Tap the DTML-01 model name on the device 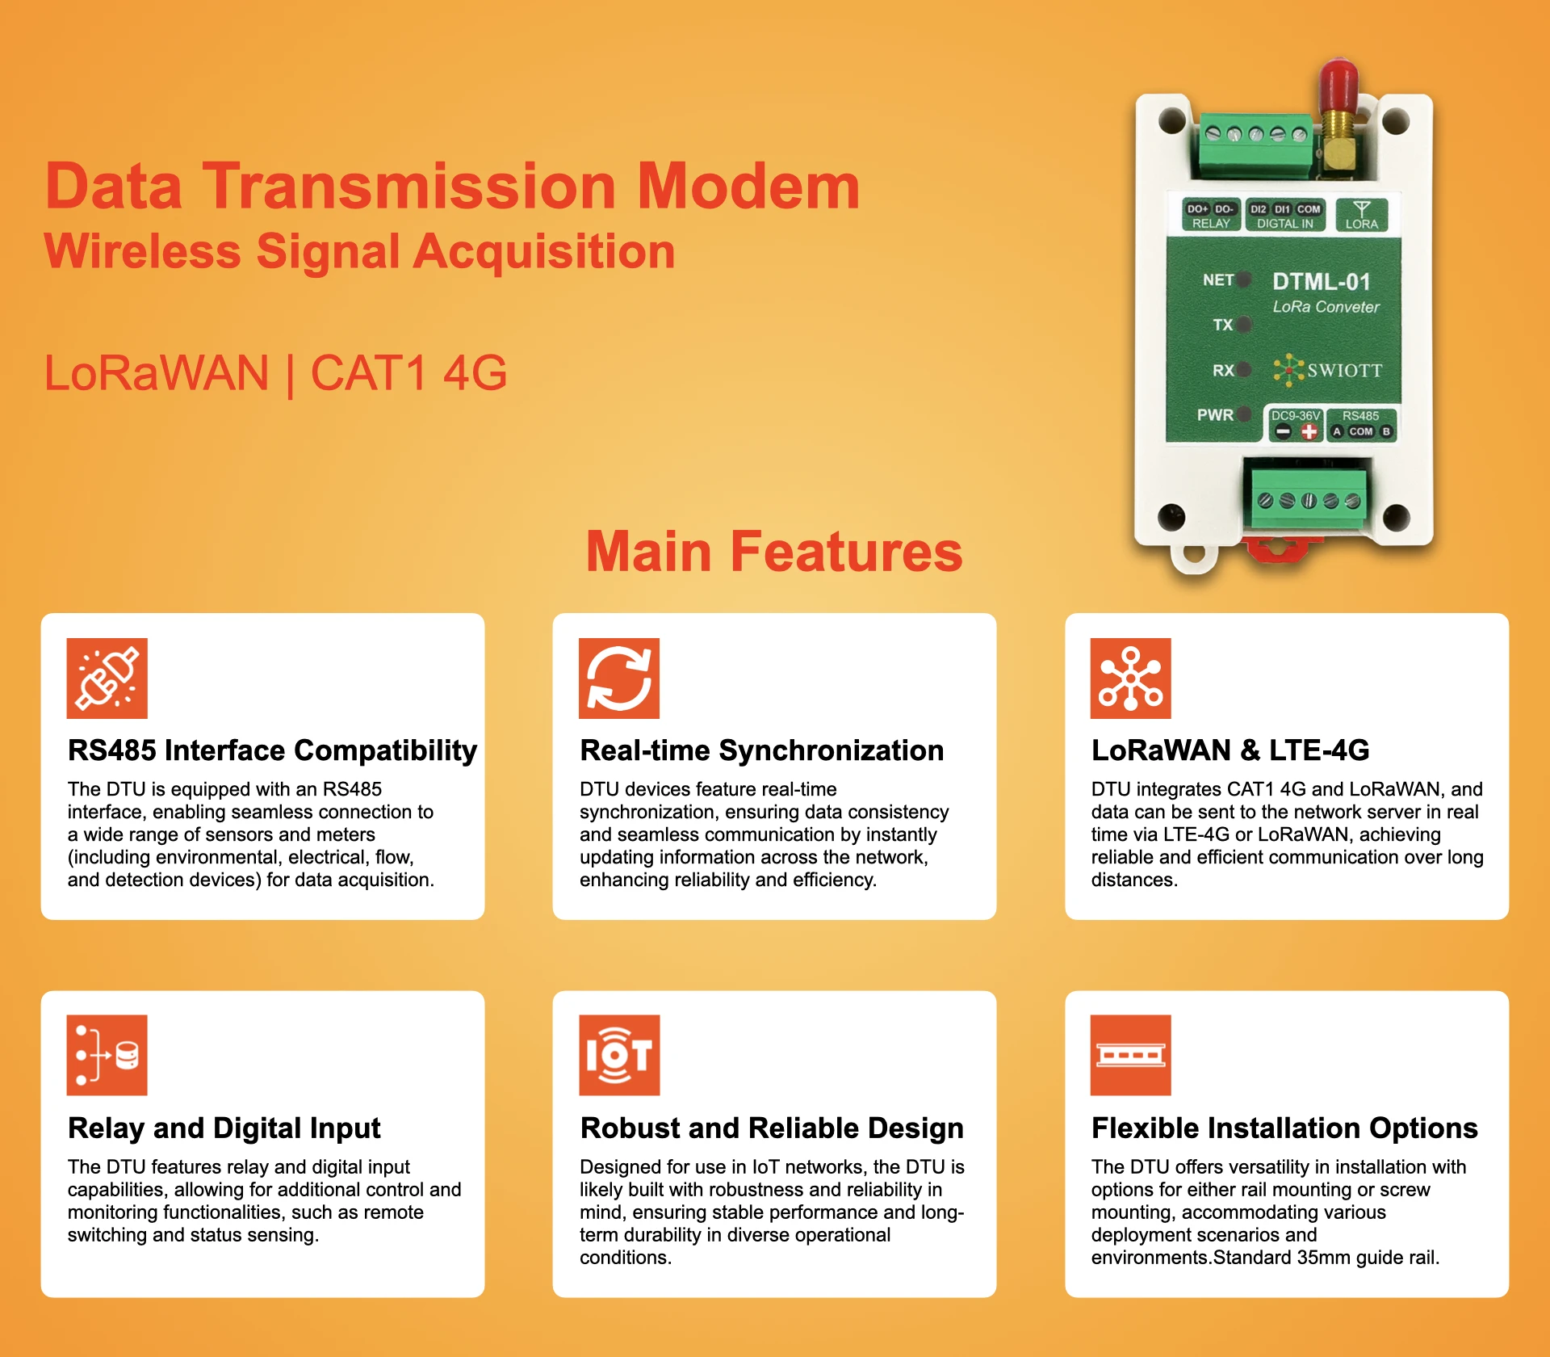[1321, 282]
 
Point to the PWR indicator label [1215, 415]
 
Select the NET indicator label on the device [1217, 280]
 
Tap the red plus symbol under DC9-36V [1309, 432]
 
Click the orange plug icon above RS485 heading [107, 678]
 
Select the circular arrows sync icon [619, 678]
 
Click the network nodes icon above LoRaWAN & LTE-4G [1130, 678]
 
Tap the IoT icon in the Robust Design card [619, 1055]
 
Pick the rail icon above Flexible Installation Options [1130, 1055]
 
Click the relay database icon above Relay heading [107, 1055]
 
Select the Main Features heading [774, 552]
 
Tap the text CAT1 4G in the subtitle [408, 373]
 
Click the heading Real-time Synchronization [761, 750]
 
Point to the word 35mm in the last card [1324, 1258]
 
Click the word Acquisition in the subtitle [544, 251]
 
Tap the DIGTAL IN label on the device [1284, 224]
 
